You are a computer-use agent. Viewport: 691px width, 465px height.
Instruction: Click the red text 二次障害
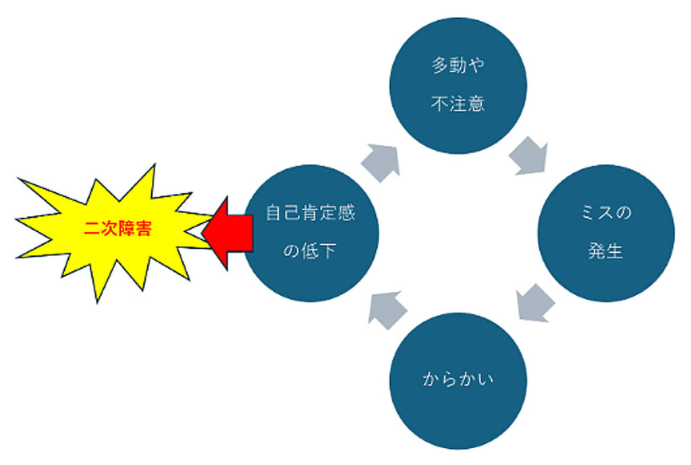(117, 229)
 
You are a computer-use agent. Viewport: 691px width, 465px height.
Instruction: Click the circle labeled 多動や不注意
(459, 85)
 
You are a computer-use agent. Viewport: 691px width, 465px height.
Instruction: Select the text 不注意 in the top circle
(458, 105)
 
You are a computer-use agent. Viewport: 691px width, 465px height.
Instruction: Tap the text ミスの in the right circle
(606, 214)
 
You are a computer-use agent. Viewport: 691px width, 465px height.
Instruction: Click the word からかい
(459, 380)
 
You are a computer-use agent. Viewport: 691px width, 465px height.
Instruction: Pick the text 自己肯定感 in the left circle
(310, 214)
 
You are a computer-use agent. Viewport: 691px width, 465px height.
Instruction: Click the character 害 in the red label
(143, 229)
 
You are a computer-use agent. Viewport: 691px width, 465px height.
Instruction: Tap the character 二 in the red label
(92, 229)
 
